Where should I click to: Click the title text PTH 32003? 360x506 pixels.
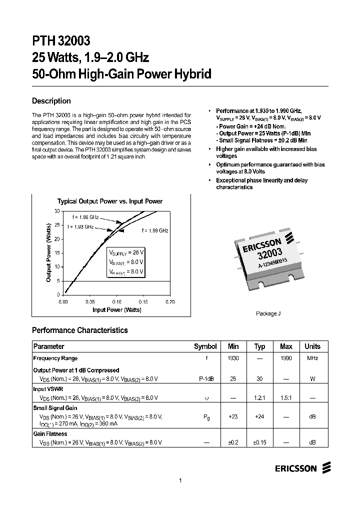[61, 40]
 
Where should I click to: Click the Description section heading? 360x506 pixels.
[51, 100]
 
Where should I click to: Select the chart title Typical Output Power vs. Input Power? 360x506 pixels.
[110, 201]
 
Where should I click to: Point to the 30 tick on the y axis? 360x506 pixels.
[57, 211]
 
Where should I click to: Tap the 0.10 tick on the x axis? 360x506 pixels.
[116, 302]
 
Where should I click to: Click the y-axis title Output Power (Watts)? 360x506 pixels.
[49, 252]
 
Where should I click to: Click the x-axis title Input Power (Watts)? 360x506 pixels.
[116, 310]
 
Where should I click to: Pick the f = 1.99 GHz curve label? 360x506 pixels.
[154, 230]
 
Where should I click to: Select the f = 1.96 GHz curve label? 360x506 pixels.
[84, 217]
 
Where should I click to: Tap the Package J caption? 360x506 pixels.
[268, 313]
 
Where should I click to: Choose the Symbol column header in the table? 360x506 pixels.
[205, 346]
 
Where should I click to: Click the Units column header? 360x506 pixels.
[312, 346]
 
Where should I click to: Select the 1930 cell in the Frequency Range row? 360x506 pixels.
[233, 358]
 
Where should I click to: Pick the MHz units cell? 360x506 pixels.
[312, 358]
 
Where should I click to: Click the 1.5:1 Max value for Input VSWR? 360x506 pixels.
[286, 398]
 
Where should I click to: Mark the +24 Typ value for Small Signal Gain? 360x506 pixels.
[259, 416]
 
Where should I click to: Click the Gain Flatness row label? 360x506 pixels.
[50, 434]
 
